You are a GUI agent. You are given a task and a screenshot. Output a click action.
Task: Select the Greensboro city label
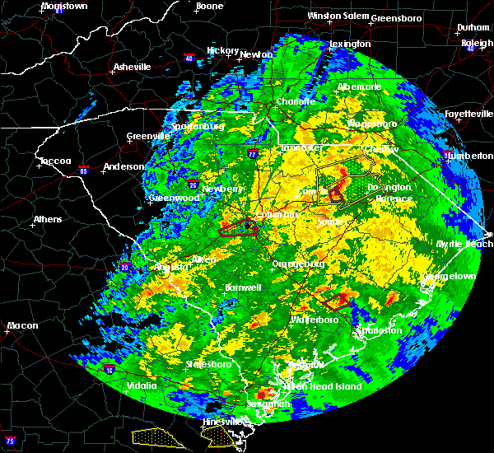pyautogui.click(x=396, y=17)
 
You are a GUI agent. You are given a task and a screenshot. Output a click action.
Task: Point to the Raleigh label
pyautogui.click(x=477, y=43)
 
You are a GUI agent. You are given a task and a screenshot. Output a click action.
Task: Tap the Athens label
pyautogui.click(x=46, y=219)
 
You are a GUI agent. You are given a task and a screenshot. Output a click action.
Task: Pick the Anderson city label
pyautogui.click(x=123, y=167)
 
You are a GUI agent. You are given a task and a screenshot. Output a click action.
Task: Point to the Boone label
pyautogui.click(x=209, y=7)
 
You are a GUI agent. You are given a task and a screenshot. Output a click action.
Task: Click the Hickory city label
pyautogui.click(x=222, y=50)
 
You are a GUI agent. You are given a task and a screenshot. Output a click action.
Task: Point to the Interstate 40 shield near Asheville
pyautogui.click(x=189, y=58)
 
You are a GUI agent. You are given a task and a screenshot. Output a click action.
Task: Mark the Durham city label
pyautogui.click(x=473, y=28)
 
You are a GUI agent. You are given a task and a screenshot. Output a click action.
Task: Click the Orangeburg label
pyautogui.click(x=297, y=264)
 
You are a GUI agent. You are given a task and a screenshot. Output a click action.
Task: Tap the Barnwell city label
pyautogui.click(x=243, y=287)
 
